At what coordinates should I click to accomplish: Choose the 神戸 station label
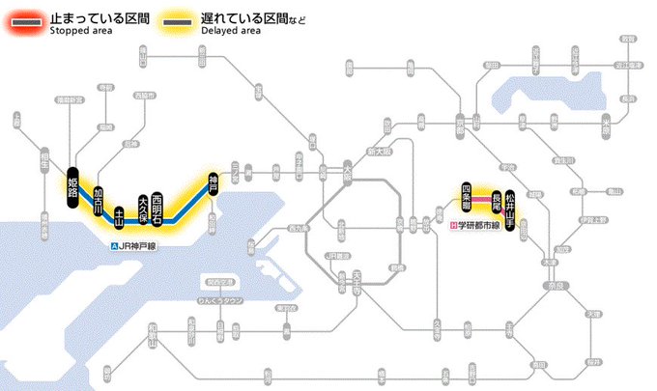214,182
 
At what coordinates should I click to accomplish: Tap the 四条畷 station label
466,194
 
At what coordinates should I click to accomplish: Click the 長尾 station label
497,202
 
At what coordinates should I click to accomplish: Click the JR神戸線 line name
139,246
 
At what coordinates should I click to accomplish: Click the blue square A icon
115,246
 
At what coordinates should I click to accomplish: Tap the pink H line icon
453,226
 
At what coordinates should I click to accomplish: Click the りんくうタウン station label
217,301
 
